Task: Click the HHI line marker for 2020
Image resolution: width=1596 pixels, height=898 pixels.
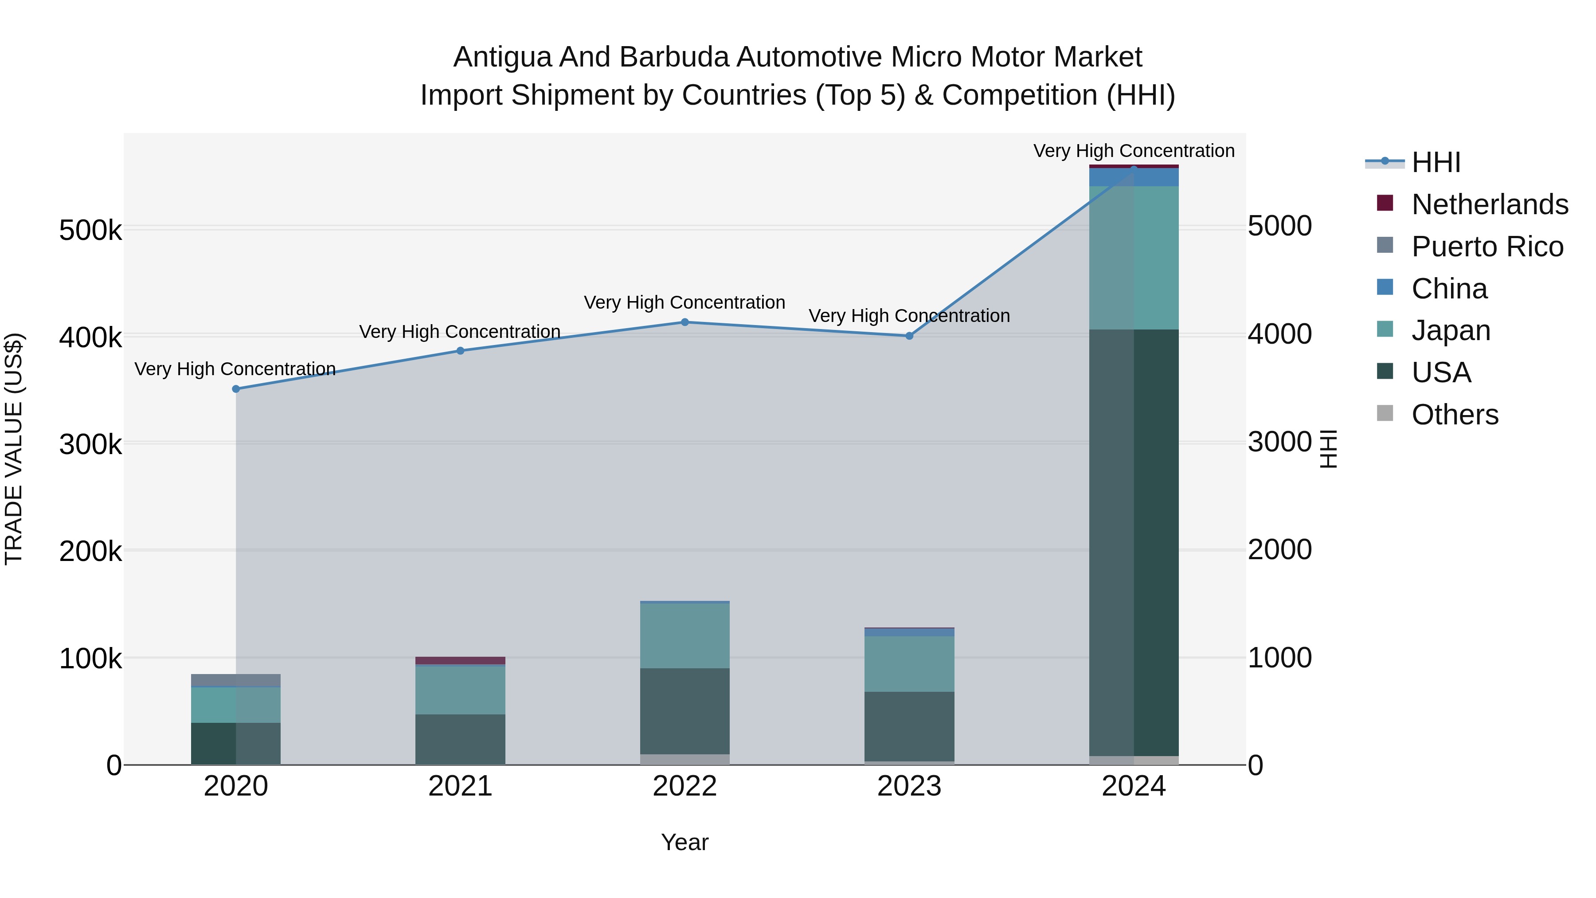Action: click(235, 389)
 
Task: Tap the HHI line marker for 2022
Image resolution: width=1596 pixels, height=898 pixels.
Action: click(685, 322)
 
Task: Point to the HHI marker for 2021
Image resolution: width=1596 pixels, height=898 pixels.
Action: click(460, 351)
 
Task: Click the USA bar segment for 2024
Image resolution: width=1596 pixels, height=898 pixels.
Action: click(1134, 542)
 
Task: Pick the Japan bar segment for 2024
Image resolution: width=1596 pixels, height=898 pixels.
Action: click(1134, 258)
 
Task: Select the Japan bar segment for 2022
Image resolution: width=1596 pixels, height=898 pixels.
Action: click(685, 635)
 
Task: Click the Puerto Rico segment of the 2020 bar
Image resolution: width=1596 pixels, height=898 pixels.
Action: click(235, 680)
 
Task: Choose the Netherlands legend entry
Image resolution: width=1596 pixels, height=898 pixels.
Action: click(1490, 204)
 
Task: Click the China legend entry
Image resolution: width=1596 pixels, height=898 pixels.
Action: click(1449, 289)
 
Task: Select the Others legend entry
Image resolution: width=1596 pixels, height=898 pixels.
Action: click(1455, 415)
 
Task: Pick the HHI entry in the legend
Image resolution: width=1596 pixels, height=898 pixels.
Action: click(1436, 162)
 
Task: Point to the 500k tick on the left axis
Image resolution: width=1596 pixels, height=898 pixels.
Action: click(90, 231)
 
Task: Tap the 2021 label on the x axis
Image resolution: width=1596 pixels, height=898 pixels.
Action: click(460, 786)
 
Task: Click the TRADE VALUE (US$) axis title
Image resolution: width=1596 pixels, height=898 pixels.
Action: click(14, 449)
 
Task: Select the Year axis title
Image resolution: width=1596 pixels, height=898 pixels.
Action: click(685, 842)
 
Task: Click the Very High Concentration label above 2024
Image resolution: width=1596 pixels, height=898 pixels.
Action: click(1134, 151)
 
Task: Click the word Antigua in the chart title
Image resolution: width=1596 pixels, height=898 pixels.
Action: click(502, 57)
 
